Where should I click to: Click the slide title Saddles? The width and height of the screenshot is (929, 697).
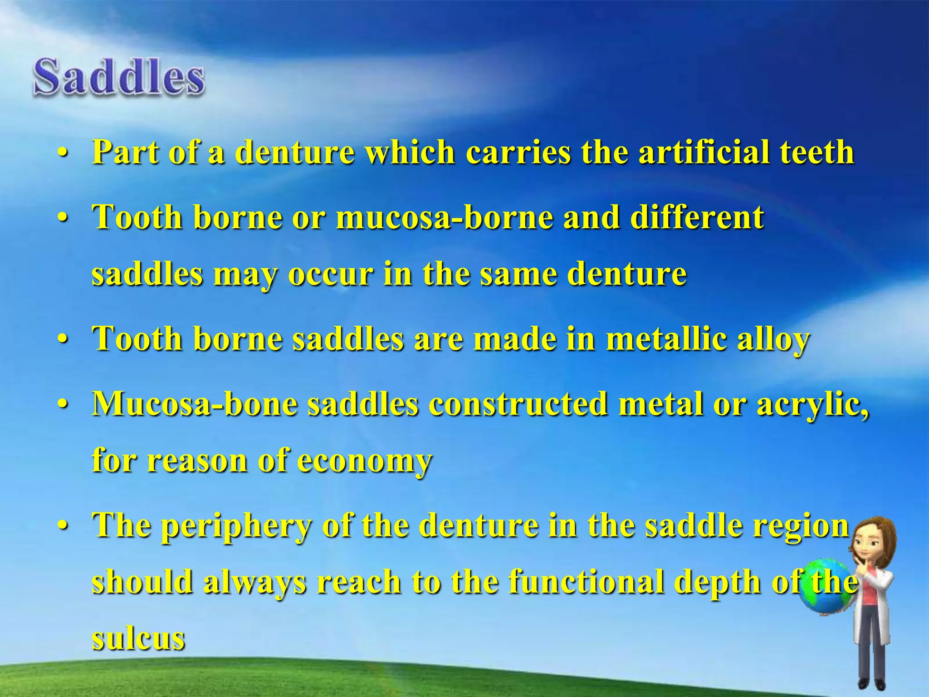tap(119, 77)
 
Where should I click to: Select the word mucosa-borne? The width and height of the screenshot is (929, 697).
tap(445, 217)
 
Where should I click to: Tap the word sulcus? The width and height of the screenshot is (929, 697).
tap(138, 638)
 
